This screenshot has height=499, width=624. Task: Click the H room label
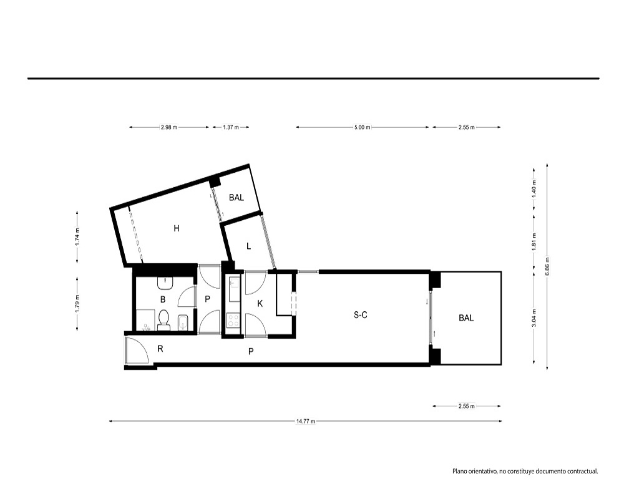(177, 228)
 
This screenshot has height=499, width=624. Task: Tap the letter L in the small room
(249, 246)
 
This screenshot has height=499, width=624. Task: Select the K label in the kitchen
(260, 304)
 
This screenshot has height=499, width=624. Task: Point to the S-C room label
(361, 315)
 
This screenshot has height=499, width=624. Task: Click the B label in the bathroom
(163, 299)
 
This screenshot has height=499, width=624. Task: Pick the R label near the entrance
(160, 349)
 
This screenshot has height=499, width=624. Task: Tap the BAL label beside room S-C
(466, 318)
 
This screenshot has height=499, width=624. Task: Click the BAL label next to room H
(236, 197)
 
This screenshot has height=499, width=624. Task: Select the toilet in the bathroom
(163, 321)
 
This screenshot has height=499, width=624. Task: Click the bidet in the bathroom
(183, 322)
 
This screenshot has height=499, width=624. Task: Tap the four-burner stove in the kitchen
(233, 321)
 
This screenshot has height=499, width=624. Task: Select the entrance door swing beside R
(137, 350)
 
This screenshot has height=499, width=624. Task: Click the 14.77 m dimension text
(306, 422)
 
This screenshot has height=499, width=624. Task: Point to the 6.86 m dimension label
(547, 266)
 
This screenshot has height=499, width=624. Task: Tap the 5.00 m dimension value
(362, 127)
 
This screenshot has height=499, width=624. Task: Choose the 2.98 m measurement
(168, 127)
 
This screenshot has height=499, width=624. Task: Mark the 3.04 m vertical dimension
(534, 318)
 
